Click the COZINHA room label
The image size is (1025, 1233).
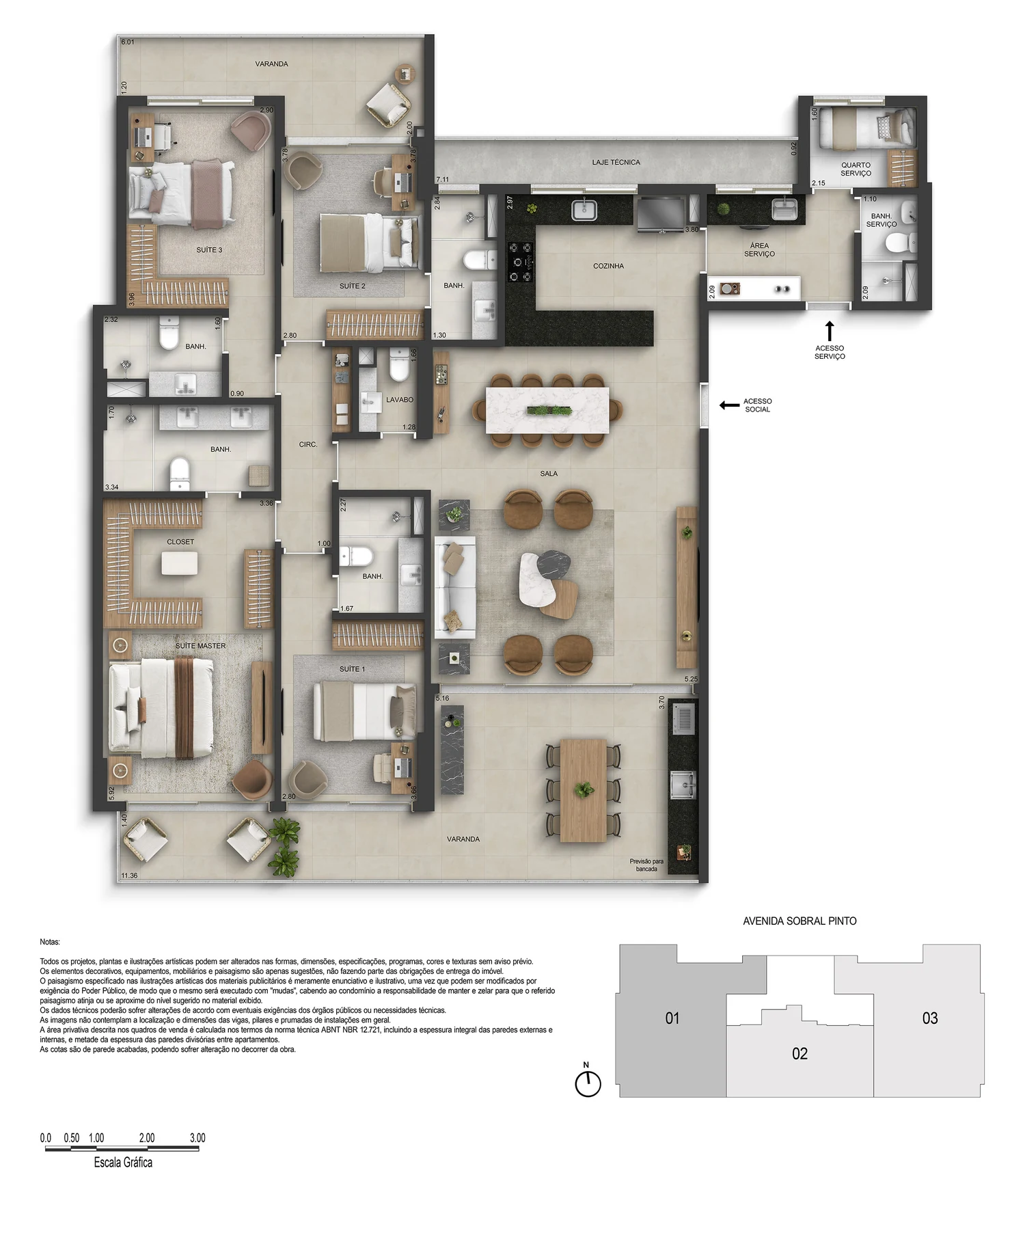[608, 266]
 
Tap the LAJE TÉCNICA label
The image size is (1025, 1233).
[616, 163]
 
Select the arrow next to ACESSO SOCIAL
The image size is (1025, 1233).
[729, 405]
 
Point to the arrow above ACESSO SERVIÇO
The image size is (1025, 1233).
[830, 331]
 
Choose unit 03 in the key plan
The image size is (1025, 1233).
[929, 1018]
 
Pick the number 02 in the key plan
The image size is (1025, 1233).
[799, 1054]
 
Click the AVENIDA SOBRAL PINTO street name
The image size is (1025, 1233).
[799, 921]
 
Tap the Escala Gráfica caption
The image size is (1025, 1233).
[123, 1163]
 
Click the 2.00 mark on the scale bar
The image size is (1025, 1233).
[147, 1138]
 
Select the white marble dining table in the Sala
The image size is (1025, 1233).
[547, 410]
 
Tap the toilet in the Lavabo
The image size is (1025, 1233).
[399, 365]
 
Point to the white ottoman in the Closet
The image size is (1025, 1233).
[180, 563]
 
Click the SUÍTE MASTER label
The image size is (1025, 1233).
[200, 646]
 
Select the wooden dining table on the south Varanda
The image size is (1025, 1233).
[584, 790]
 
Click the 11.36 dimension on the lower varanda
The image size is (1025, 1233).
[129, 876]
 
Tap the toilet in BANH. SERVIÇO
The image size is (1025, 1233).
[900, 242]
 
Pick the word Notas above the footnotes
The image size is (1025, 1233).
[50, 942]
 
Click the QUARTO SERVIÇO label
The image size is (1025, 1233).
[856, 169]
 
